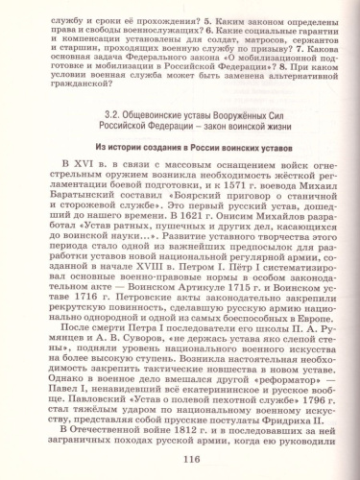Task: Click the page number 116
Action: [180, 461]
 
